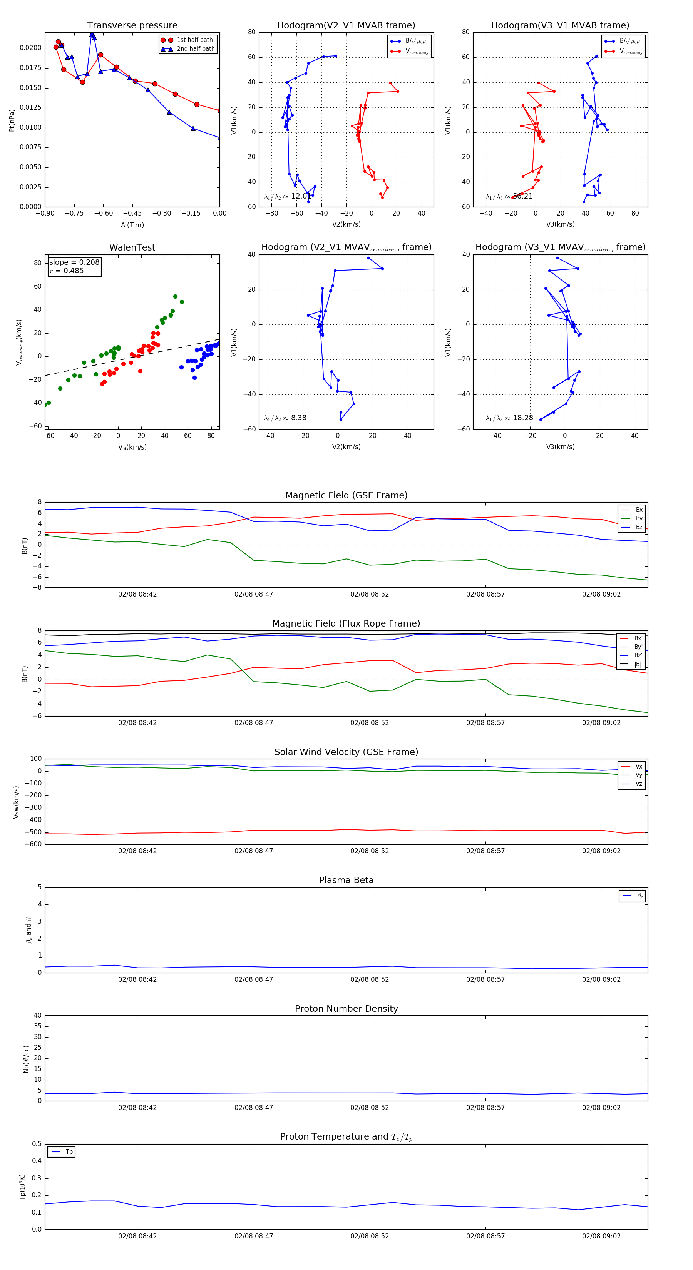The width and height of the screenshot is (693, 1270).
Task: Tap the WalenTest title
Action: coord(132,247)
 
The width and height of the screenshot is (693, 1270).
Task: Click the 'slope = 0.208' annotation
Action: coord(74,262)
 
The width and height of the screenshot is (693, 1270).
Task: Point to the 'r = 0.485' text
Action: coord(67,271)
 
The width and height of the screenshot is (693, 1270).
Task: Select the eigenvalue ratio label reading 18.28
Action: coord(509,418)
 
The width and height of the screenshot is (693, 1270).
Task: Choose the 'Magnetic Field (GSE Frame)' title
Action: coord(346,495)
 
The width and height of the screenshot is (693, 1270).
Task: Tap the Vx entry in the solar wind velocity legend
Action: coord(638,767)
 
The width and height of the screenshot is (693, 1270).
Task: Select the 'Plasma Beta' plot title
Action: coord(346,881)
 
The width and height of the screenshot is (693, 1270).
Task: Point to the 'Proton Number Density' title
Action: coord(346,1009)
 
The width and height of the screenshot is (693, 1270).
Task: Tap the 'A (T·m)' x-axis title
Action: coord(132,225)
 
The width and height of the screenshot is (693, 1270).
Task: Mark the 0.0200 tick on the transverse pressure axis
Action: coord(30,48)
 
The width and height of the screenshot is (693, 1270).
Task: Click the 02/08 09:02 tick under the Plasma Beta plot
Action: coord(601,979)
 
